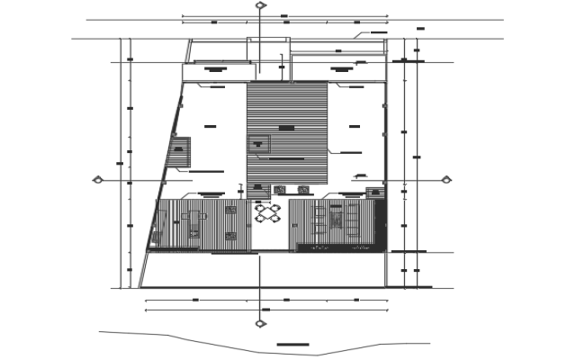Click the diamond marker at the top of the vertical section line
[x=260, y=5]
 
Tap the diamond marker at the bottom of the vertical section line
[x=260, y=323]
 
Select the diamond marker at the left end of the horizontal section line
[x=98, y=180]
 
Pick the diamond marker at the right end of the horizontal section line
[x=445, y=180]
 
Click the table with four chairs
[x=268, y=214]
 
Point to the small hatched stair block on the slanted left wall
[x=179, y=151]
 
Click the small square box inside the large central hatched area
[x=260, y=141]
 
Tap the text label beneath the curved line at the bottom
[x=292, y=345]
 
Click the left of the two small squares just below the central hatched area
[x=279, y=189]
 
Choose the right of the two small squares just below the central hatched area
[x=303, y=189]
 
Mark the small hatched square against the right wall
[x=374, y=191]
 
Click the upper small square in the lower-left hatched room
[x=230, y=210]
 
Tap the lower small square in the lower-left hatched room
[x=230, y=236]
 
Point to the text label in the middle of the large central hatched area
[x=286, y=129]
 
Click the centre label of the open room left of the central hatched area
[x=211, y=126]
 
